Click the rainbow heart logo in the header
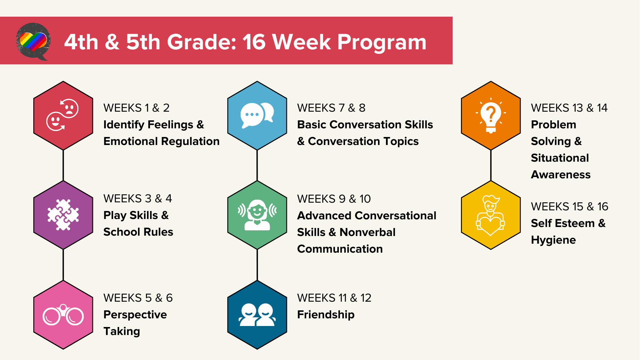[x=33, y=41]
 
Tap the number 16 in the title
[x=254, y=42]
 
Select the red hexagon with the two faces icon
[x=63, y=115]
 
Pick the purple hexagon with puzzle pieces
[x=63, y=215]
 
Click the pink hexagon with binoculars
[x=63, y=315]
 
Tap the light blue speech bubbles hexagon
[x=257, y=115]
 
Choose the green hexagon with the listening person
[x=257, y=215]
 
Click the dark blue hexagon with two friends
[x=257, y=315]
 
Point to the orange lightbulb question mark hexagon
[x=491, y=115]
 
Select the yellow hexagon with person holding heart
[x=491, y=215]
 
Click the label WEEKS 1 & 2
[x=136, y=108]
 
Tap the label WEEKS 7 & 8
[x=331, y=108]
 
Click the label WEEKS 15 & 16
[x=569, y=207]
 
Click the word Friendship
[x=326, y=315]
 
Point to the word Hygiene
[x=553, y=240]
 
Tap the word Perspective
[x=135, y=315]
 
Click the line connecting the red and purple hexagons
[x=63, y=165]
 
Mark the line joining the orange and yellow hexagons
[x=491, y=165]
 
